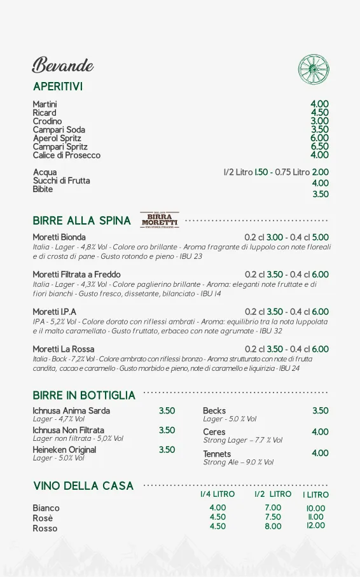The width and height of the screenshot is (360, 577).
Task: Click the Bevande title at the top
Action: (63, 65)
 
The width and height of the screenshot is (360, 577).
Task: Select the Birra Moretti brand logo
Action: (159, 220)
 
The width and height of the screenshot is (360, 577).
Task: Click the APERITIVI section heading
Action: (58, 86)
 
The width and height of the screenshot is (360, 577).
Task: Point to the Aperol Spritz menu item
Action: (57, 138)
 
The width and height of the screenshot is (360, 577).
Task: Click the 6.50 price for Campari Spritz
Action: (319, 146)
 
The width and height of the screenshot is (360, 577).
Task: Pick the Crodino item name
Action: (47, 121)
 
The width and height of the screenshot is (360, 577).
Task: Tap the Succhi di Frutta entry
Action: (61, 181)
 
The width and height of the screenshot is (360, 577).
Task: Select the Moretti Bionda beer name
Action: (59, 237)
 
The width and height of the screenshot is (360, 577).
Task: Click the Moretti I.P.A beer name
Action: (54, 312)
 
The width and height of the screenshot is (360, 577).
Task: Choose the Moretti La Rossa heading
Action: (63, 349)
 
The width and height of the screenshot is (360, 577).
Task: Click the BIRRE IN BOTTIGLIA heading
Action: (84, 395)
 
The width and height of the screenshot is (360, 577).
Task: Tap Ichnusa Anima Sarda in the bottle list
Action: (71, 410)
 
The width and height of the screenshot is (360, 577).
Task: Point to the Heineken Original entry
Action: (64, 450)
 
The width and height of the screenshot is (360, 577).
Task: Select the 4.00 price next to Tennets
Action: (320, 453)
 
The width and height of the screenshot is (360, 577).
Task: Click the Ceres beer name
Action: (214, 432)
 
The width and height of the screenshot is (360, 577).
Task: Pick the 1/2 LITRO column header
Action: (273, 494)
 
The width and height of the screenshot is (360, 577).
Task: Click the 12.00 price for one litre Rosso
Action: (315, 525)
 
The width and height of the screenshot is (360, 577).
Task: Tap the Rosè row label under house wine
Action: (43, 518)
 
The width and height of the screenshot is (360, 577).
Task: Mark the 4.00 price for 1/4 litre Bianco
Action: (218, 508)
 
